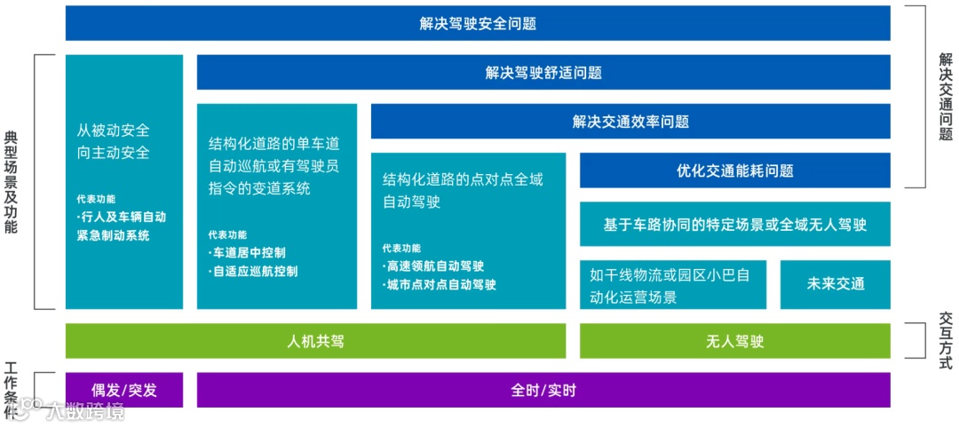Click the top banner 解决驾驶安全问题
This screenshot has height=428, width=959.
478,23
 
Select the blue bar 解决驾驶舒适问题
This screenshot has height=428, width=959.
543,73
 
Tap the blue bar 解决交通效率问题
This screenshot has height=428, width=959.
630,122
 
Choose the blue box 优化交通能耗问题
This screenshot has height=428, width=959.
734,170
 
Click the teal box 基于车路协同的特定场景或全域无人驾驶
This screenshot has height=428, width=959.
734,225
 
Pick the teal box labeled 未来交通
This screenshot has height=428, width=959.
835,284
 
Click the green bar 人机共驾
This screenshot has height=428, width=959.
315,341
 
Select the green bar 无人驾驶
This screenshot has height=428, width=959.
734,341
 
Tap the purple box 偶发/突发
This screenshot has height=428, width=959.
124,390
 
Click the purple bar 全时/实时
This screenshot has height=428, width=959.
543,390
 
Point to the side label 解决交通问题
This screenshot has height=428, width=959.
946,96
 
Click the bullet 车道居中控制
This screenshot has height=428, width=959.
248,253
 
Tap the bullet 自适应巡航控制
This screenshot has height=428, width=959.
254,272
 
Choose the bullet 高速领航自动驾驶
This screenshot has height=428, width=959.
434,266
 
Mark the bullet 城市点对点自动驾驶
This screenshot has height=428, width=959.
440,285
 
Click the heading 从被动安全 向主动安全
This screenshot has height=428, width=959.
114,141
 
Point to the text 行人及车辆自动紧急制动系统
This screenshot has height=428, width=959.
122,226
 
